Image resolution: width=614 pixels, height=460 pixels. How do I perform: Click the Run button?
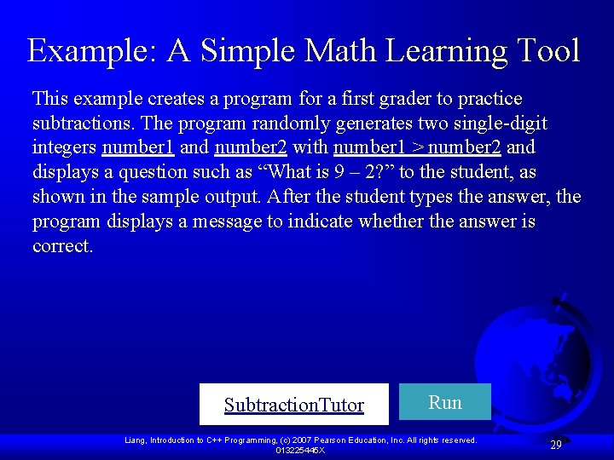tap(444, 402)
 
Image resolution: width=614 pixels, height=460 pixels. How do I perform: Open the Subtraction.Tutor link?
tap(293, 405)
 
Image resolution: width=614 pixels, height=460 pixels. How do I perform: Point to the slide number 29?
tap(555, 445)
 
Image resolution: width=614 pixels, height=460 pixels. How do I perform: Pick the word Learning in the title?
tap(446, 50)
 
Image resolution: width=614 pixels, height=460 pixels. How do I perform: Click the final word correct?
tap(62, 246)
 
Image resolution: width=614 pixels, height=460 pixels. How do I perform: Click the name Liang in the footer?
tap(135, 440)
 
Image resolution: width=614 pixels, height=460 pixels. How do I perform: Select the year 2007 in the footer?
tap(304, 440)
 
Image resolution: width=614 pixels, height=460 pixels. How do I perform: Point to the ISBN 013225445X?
tap(300, 450)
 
